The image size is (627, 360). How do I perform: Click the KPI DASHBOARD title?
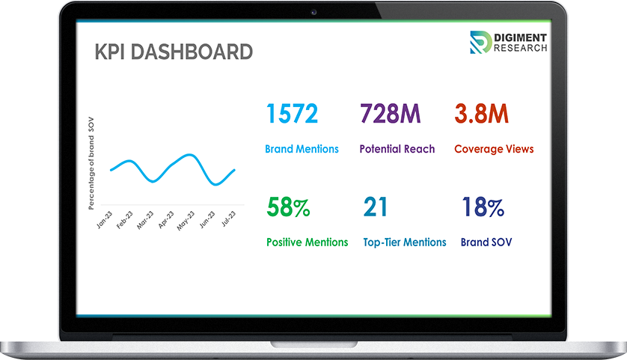click(x=173, y=52)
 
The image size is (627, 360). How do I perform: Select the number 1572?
click(x=292, y=114)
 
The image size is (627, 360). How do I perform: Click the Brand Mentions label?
click(x=302, y=149)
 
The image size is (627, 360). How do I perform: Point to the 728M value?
click(x=390, y=114)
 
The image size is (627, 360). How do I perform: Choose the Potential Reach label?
click(x=397, y=149)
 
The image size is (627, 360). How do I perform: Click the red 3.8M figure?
click(x=482, y=114)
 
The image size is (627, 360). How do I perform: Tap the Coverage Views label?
click(x=494, y=149)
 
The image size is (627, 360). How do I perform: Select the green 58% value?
click(x=288, y=207)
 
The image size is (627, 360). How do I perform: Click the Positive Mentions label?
click(x=307, y=242)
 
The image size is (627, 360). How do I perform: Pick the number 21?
click(x=376, y=207)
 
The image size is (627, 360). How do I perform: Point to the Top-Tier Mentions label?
click(x=404, y=242)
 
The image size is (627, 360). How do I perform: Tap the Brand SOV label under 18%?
click(x=486, y=242)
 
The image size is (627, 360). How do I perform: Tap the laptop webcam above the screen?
click(x=313, y=11)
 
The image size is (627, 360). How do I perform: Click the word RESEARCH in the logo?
click(x=521, y=48)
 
